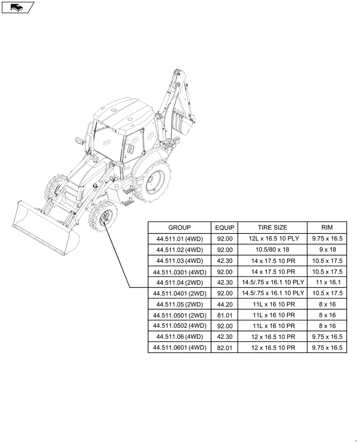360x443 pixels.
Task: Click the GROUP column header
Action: pyautogui.click(x=180, y=228)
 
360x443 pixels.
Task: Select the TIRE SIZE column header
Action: pyautogui.click(x=272, y=228)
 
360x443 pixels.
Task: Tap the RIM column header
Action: pyautogui.click(x=327, y=228)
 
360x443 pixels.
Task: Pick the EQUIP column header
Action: pyautogui.click(x=225, y=228)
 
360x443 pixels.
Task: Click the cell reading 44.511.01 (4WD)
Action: pyautogui.click(x=180, y=239)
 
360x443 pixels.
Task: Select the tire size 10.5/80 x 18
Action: pyautogui.click(x=272, y=250)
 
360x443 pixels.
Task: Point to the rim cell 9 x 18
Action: pyautogui.click(x=327, y=250)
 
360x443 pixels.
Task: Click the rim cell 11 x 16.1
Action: pyautogui.click(x=327, y=283)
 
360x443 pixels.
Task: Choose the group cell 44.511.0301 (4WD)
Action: pyautogui.click(x=180, y=272)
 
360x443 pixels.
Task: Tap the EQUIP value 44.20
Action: pyautogui.click(x=225, y=304)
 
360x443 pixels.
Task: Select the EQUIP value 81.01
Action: pyautogui.click(x=225, y=315)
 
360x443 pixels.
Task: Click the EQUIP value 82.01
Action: pyautogui.click(x=225, y=348)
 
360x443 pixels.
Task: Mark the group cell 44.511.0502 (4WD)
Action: pyautogui.click(x=180, y=326)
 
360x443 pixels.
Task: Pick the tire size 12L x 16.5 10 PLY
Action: pyautogui.click(x=272, y=239)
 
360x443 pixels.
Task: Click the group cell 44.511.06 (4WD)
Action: pyautogui.click(x=180, y=337)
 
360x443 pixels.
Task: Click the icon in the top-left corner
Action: pyautogui.click(x=17, y=7)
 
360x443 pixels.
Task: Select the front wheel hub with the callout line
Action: pyautogui.click(x=105, y=218)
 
